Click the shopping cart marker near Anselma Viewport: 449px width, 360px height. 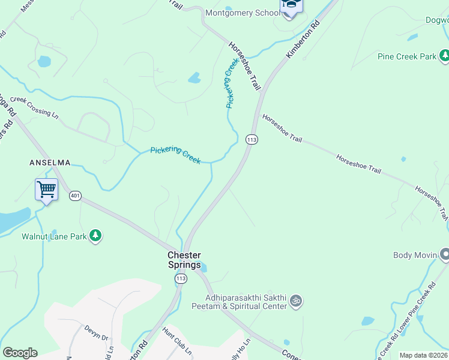click(46, 190)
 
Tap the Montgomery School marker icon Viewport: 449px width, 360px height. click(291, 7)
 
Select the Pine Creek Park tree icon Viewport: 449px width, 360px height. click(444, 56)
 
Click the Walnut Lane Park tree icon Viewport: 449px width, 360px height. click(95, 236)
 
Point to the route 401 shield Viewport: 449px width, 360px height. click(75, 196)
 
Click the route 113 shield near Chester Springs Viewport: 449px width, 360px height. click(181, 278)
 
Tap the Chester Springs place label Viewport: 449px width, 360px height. click(184, 260)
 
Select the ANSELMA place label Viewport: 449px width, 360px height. click(50, 163)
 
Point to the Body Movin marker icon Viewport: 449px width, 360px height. click(444, 255)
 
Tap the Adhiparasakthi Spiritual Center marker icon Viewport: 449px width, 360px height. click(295, 301)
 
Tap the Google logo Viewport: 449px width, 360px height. click(20, 353)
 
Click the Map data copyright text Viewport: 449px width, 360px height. click(423, 355)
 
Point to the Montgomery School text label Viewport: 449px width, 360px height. click(242, 13)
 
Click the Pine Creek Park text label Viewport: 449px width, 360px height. click(407, 56)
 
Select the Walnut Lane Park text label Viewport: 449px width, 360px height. click(53, 236)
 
